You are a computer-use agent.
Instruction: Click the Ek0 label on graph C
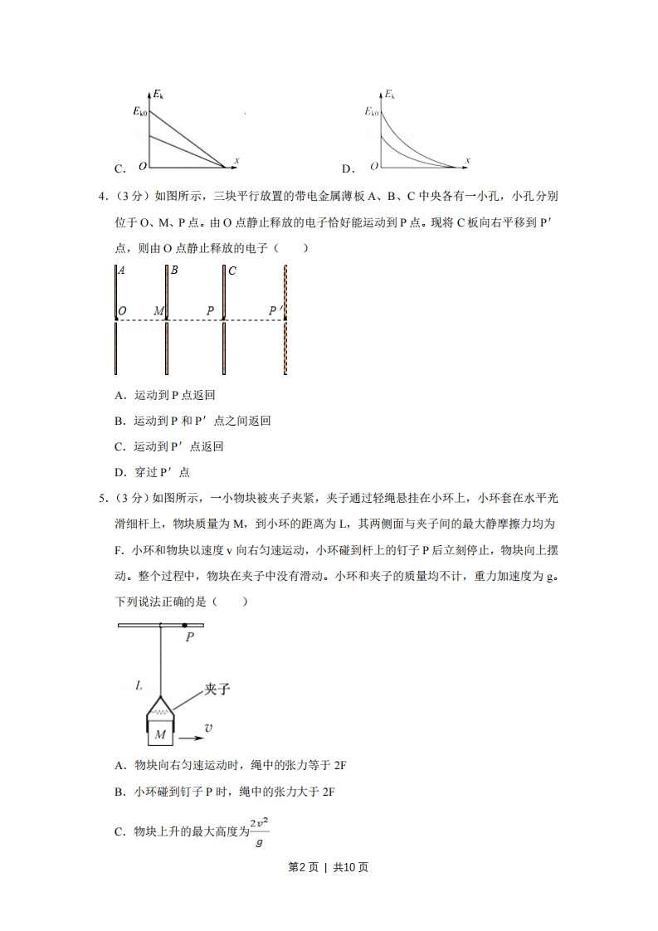(140, 110)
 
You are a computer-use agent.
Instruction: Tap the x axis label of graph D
(468, 160)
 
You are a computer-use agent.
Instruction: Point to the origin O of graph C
(142, 166)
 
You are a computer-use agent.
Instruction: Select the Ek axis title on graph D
(389, 95)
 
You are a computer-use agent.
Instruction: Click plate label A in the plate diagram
(122, 271)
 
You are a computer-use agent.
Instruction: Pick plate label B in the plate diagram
(174, 271)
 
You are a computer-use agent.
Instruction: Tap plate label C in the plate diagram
(232, 271)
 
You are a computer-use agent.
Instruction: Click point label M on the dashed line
(158, 311)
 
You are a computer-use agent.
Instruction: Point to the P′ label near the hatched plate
(275, 311)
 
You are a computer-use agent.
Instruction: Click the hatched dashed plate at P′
(285, 349)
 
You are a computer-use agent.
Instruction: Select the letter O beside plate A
(122, 311)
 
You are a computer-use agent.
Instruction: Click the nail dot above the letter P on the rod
(185, 625)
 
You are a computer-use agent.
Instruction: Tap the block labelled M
(161, 734)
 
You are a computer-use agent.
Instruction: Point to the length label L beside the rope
(139, 685)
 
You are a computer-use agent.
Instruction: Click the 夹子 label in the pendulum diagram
(217, 688)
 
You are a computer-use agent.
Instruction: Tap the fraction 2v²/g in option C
(261, 831)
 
